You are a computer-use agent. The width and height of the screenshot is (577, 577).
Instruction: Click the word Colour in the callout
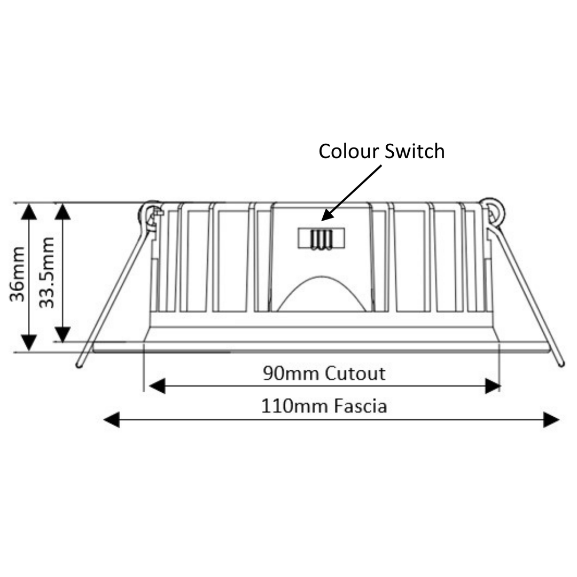click(x=349, y=151)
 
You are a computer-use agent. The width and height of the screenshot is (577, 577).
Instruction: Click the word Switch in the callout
click(x=415, y=151)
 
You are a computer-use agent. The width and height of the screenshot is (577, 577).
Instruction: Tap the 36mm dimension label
click(x=17, y=274)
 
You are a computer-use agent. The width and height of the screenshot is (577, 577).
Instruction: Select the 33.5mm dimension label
click(x=46, y=272)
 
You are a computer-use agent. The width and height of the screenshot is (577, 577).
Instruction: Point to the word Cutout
click(x=355, y=373)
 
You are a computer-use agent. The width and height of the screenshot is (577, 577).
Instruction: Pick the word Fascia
click(x=360, y=407)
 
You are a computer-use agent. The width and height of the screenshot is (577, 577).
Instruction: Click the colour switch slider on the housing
click(x=321, y=238)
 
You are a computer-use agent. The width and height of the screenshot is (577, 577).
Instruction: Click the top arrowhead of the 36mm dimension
click(x=29, y=212)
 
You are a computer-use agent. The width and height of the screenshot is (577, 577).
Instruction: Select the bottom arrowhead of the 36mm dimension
click(x=29, y=343)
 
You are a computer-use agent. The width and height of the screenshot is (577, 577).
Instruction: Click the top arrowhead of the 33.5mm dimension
click(x=63, y=212)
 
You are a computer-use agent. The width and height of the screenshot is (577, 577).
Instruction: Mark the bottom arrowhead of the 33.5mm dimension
click(x=63, y=334)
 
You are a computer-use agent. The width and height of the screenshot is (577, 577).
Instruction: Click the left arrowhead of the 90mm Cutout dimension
click(x=157, y=386)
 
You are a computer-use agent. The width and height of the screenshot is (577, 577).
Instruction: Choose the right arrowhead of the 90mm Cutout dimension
click(x=493, y=386)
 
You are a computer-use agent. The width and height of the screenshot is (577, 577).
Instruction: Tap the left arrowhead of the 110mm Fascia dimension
click(x=112, y=420)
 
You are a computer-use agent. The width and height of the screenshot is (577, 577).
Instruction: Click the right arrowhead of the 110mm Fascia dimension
click(x=551, y=420)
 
